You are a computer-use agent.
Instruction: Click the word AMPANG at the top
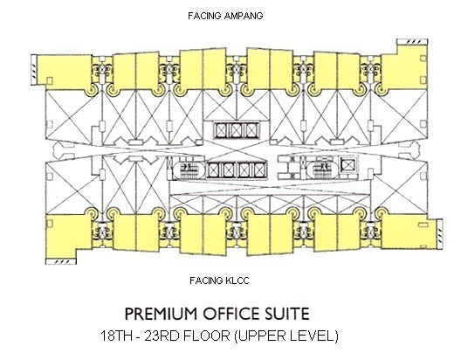[x=244, y=16]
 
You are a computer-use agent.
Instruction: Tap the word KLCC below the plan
[x=237, y=280]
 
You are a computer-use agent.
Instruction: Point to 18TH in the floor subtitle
[x=114, y=336]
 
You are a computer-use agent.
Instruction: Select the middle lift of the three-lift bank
[x=236, y=130]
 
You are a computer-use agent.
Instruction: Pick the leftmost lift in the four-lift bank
[x=215, y=170]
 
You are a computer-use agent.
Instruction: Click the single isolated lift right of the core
[x=347, y=165]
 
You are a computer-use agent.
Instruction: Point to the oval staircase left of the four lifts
[x=187, y=170]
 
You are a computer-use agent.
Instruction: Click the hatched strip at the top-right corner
[x=412, y=42]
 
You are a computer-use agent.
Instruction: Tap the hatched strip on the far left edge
[x=34, y=70]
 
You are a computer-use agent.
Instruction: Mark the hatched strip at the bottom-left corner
[x=61, y=261]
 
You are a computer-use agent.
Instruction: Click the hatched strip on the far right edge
[x=440, y=234]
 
